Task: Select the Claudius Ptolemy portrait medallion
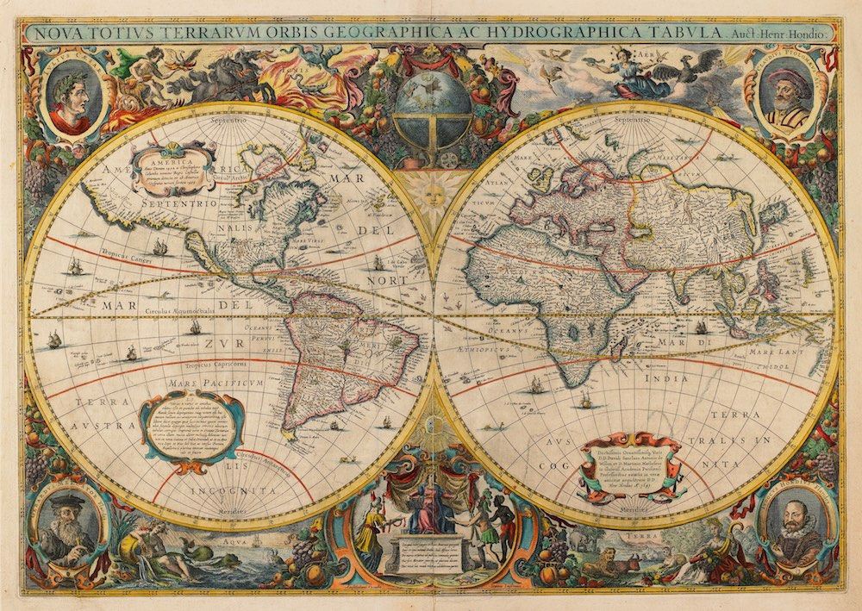coord(789,96)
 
